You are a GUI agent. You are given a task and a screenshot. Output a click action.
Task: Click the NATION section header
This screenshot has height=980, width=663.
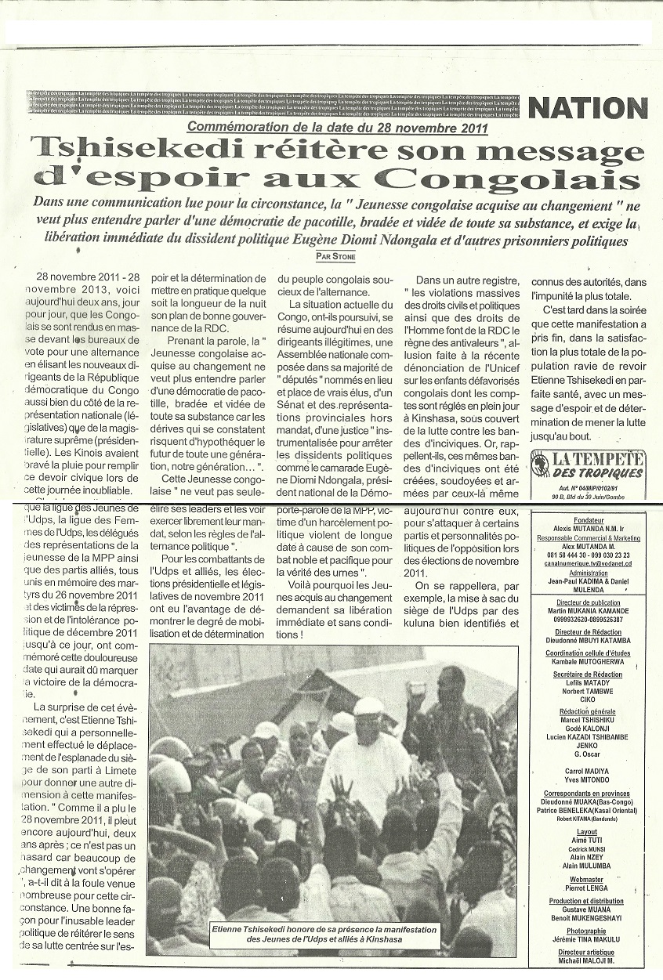pyautogui.click(x=589, y=108)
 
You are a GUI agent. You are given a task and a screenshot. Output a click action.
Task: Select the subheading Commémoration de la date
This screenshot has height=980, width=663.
pyautogui.click(x=337, y=128)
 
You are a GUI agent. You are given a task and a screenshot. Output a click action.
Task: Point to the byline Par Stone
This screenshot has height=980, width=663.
pyautogui.click(x=336, y=255)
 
